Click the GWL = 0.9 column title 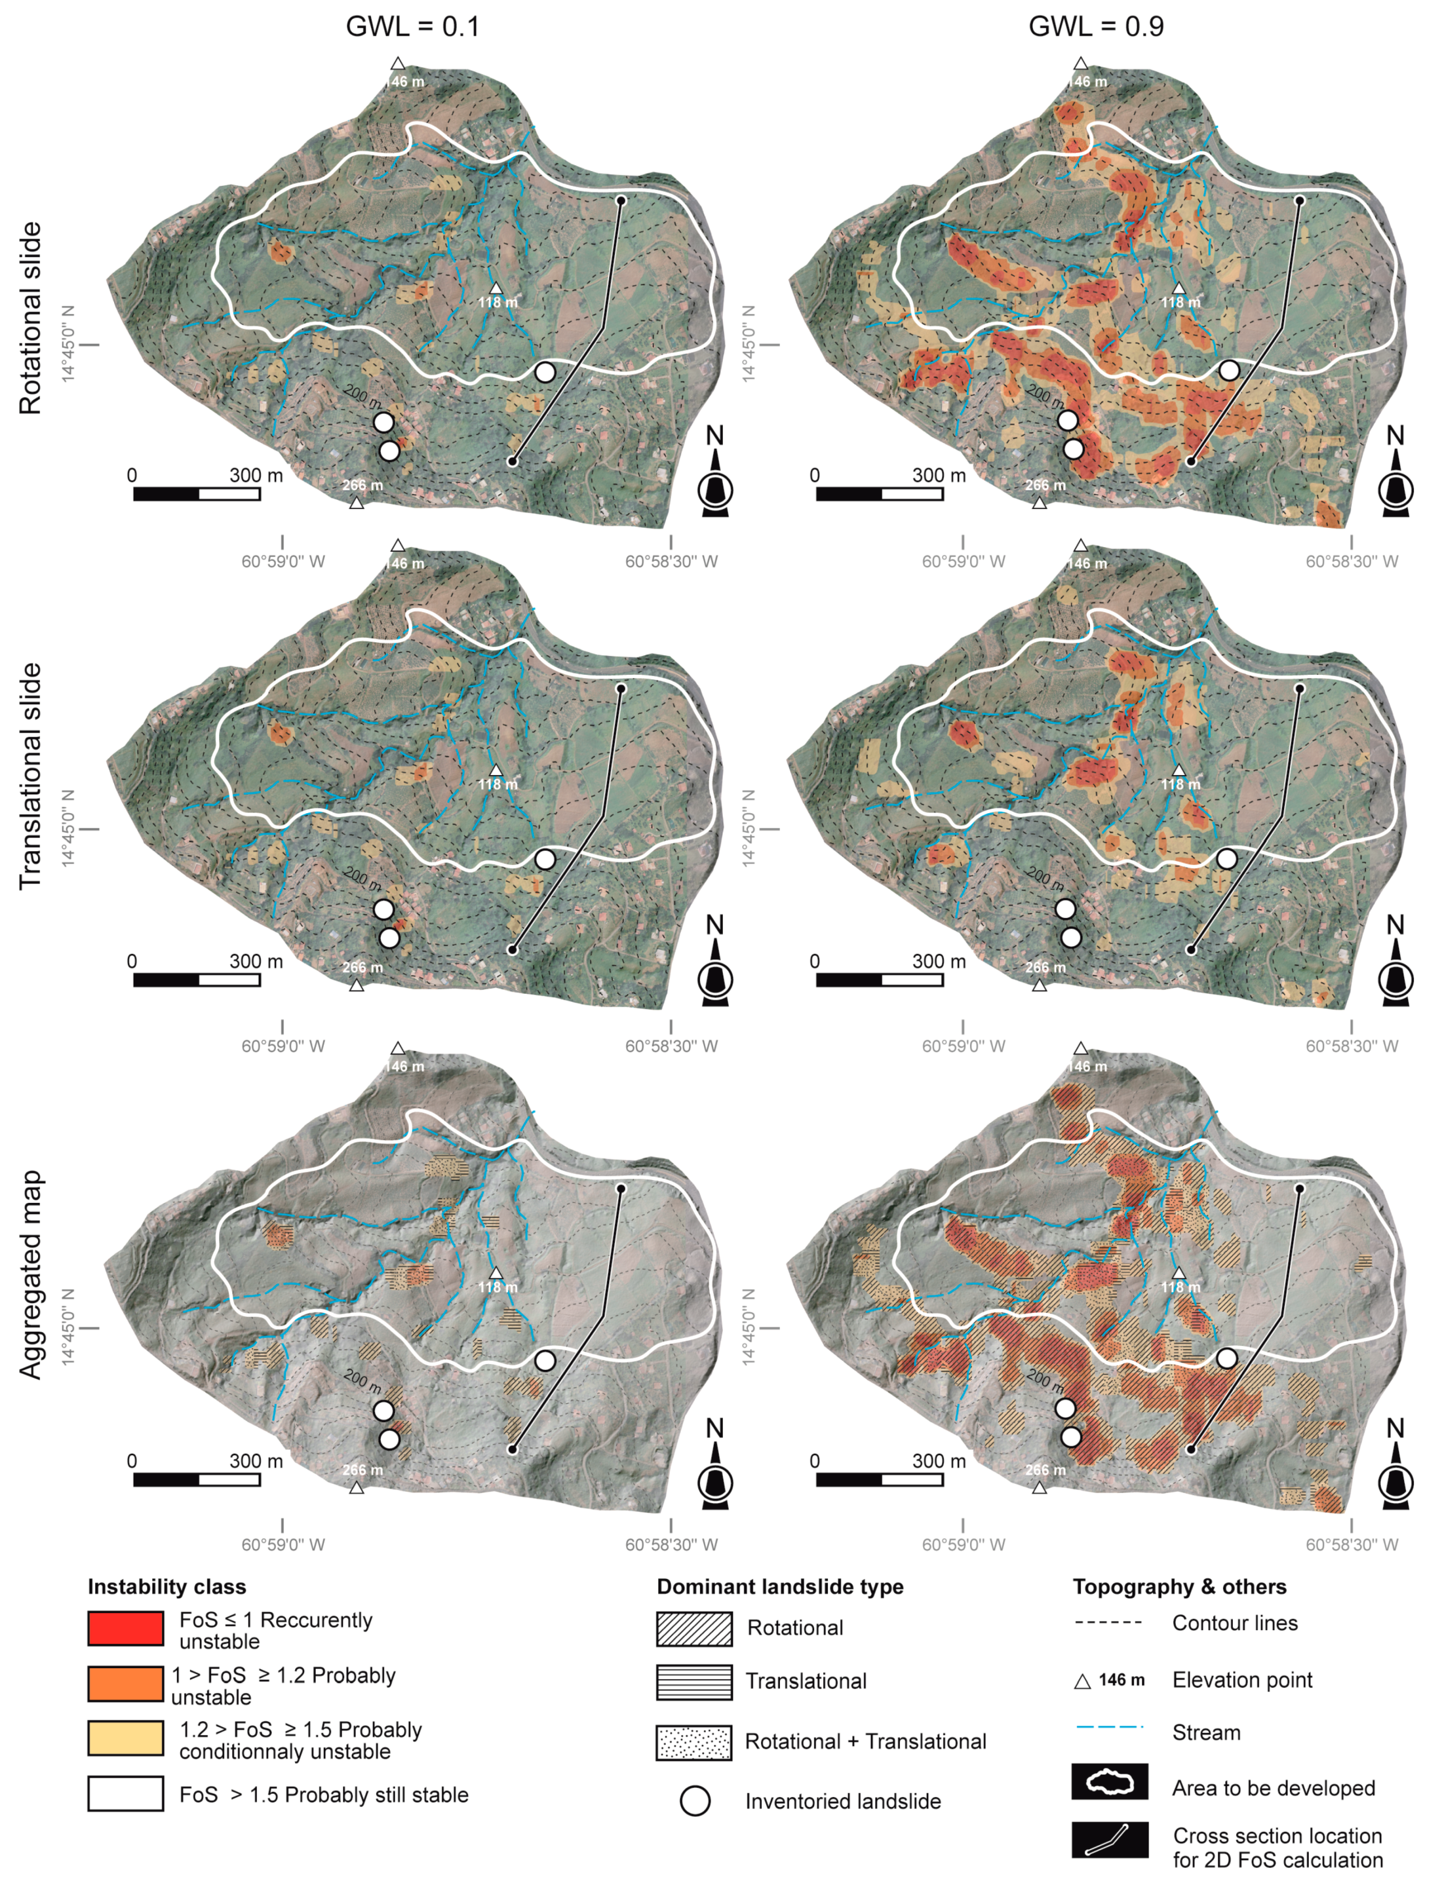[x=1096, y=26]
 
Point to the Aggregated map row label [x=30, y=1275]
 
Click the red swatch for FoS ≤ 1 [x=125, y=1628]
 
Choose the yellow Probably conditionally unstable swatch [x=125, y=1738]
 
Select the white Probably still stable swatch [x=125, y=1793]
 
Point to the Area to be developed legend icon [x=1109, y=1782]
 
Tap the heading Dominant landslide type [x=779, y=1586]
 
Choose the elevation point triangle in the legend [x=1082, y=1680]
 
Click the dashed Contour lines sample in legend [x=1109, y=1622]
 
